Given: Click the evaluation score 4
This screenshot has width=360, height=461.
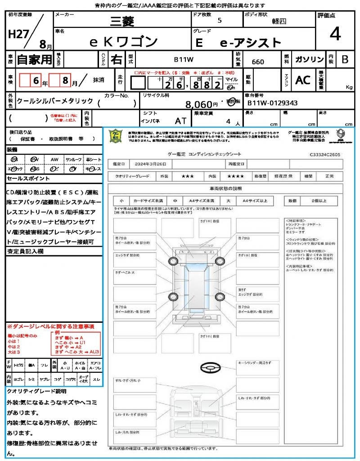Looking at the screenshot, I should coord(334,34).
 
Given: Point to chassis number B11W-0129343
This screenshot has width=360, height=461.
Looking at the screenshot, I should coord(272,103).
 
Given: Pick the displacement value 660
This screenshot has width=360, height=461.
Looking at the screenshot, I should coord(258,62).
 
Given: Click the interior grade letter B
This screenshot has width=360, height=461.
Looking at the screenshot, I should coord(345,59).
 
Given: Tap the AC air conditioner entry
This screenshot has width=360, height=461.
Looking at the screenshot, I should coord(303,80).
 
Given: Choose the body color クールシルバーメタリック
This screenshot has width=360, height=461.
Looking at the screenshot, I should coord(55,101).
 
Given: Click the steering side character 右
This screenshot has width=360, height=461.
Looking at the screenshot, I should coord(116,59).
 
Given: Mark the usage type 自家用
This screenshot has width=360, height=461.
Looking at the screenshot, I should coord(34,59).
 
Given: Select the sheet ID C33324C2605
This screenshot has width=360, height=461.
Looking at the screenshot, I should coord(325,154).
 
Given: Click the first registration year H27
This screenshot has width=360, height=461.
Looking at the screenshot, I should coord(18,34).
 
